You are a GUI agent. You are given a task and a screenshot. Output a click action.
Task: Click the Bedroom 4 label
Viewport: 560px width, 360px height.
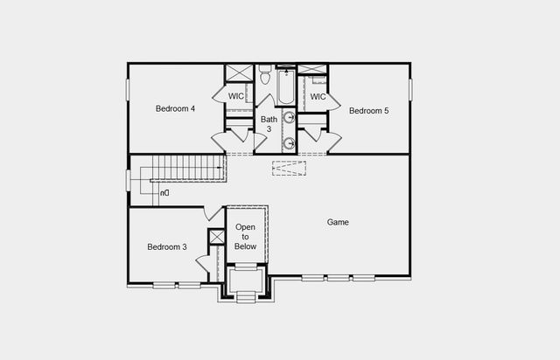pyautogui.click(x=175, y=109)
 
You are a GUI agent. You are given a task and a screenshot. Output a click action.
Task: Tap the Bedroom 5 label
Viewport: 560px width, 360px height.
pyautogui.click(x=367, y=111)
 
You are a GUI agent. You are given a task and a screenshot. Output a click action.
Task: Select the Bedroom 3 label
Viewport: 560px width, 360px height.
pyautogui.click(x=166, y=247)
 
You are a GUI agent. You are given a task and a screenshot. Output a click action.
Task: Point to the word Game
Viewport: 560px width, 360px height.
pyautogui.click(x=338, y=223)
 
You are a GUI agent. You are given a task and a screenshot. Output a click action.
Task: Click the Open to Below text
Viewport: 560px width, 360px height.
pyautogui.click(x=246, y=237)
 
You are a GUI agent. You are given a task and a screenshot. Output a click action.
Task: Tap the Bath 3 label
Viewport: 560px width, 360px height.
pyautogui.click(x=269, y=124)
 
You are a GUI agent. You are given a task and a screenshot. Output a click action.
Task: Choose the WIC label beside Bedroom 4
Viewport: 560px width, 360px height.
pyautogui.click(x=236, y=96)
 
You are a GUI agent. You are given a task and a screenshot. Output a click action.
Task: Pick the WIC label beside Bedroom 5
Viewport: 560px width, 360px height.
pyautogui.click(x=318, y=97)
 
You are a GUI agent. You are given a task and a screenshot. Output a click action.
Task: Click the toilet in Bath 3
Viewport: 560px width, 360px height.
pyautogui.click(x=265, y=77)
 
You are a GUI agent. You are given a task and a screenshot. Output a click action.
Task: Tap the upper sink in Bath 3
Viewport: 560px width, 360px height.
pyautogui.click(x=288, y=118)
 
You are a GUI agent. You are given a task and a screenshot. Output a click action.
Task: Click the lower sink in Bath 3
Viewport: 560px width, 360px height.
pyautogui.click(x=288, y=143)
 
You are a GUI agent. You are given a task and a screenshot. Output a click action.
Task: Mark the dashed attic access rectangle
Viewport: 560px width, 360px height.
pyautogui.click(x=289, y=168)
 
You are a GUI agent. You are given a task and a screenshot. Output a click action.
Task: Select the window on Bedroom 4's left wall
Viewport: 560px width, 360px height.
pyautogui.click(x=129, y=90)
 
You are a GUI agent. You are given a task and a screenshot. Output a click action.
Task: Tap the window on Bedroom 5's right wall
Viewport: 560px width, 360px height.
pyautogui.click(x=409, y=90)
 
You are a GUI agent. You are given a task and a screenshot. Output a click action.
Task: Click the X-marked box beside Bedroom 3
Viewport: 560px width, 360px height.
pyautogui.click(x=217, y=237)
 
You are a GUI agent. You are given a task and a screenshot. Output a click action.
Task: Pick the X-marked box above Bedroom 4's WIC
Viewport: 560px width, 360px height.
pyautogui.click(x=239, y=73)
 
